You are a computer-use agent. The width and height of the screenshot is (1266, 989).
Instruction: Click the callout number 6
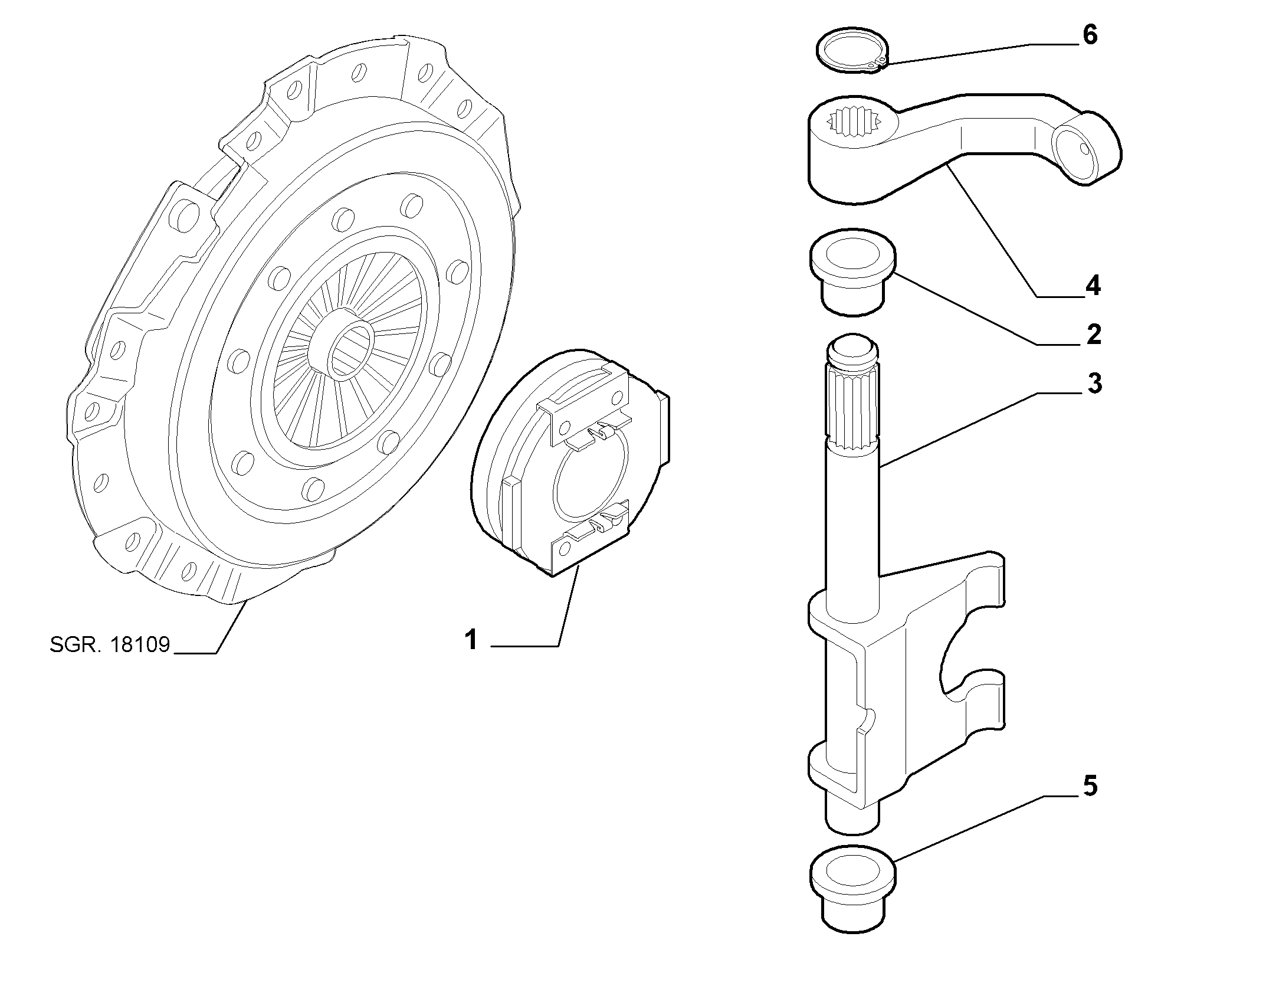click(1090, 35)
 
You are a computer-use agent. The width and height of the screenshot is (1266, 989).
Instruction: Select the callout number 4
click(1092, 286)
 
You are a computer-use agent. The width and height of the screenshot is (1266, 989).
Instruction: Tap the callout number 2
click(1093, 335)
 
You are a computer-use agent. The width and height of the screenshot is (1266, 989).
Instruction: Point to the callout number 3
click(1094, 384)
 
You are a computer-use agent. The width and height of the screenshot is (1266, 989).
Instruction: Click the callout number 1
click(471, 640)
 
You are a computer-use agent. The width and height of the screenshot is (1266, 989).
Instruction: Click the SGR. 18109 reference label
click(110, 644)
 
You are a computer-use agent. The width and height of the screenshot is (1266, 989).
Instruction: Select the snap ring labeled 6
click(852, 51)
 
